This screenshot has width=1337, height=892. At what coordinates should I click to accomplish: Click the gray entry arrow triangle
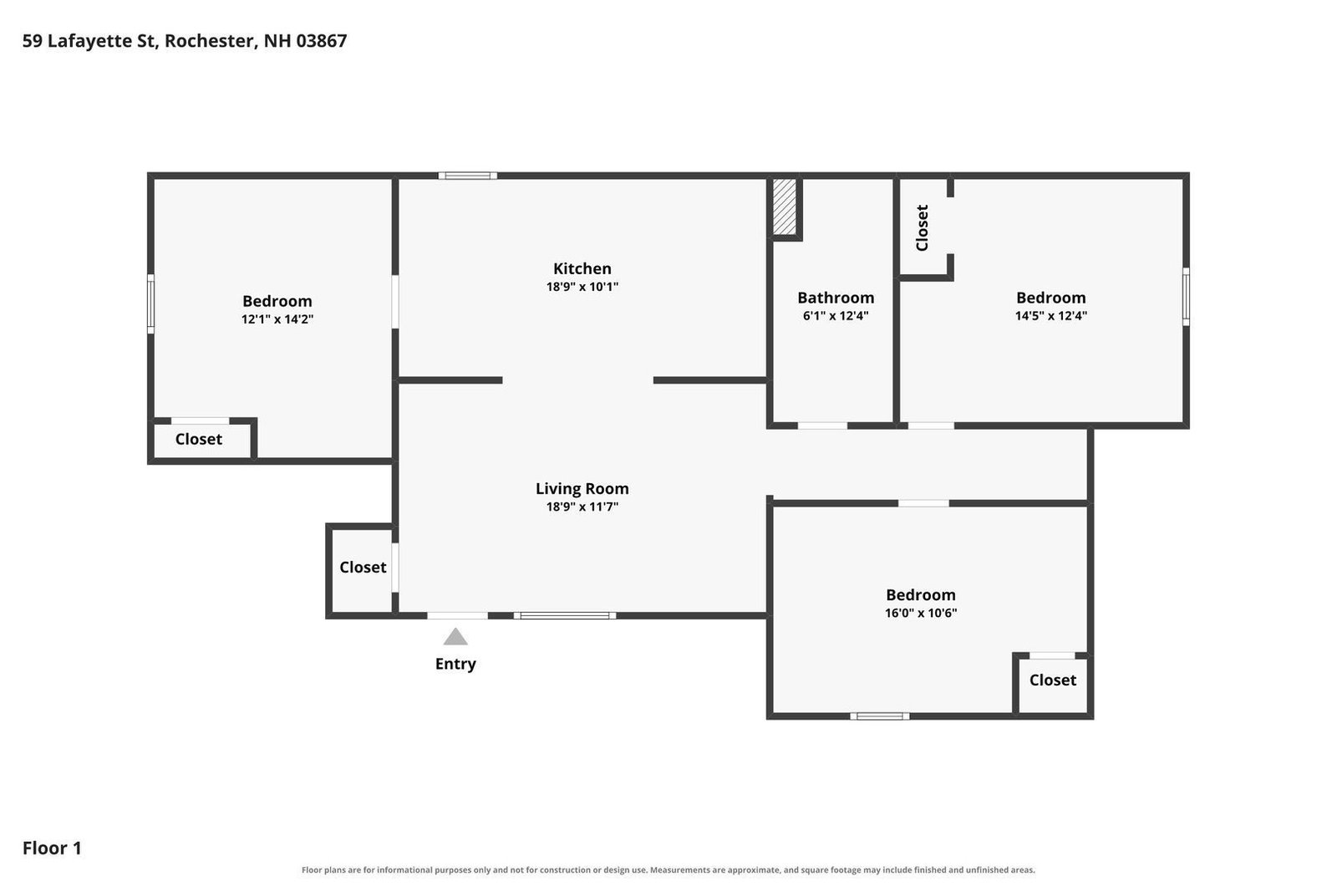[455, 637]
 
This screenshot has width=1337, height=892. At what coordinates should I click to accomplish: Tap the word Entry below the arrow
[455, 664]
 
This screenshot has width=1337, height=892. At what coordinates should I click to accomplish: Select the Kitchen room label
[582, 268]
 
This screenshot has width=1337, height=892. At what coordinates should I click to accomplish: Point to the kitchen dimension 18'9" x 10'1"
[582, 287]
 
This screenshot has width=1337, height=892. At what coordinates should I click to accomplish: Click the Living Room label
[582, 488]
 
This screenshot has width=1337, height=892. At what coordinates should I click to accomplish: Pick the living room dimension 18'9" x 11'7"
[582, 507]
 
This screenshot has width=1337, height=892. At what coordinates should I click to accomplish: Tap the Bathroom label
[836, 298]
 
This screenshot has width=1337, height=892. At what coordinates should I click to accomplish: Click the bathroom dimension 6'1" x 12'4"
[836, 316]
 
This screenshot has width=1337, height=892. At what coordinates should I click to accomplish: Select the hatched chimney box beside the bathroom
[785, 206]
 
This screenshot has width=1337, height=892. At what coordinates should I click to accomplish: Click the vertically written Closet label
[923, 228]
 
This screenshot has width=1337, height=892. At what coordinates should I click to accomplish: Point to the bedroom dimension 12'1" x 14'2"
[277, 319]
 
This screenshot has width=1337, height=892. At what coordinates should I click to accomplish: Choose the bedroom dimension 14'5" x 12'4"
[1051, 316]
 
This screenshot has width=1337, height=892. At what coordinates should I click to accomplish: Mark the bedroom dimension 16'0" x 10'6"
[920, 613]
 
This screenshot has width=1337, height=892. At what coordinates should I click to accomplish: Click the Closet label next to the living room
[363, 567]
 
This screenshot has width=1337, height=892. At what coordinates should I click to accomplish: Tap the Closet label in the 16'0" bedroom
[1053, 680]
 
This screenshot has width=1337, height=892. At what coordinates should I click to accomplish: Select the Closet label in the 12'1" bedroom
[199, 440]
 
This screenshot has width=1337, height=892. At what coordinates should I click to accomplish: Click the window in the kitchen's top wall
[468, 176]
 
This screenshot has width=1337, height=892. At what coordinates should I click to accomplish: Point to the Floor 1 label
[52, 848]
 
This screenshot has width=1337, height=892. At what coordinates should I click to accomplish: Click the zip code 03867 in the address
[322, 41]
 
